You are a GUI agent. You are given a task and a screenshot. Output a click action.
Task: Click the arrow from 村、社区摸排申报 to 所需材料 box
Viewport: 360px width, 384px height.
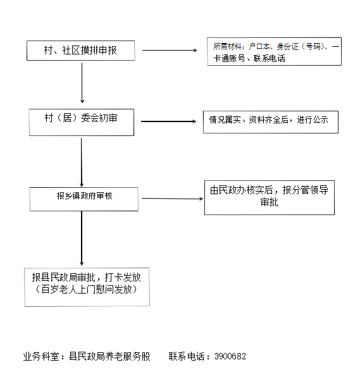[x=170, y=50]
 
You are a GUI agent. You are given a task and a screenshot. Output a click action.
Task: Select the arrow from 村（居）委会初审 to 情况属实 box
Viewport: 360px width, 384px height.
[x=168, y=121]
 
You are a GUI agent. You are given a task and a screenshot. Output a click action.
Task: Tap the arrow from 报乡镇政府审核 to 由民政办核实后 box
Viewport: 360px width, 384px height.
[x=173, y=199]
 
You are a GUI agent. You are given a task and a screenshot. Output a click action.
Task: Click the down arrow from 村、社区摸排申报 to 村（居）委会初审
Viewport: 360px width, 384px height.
[x=82, y=83]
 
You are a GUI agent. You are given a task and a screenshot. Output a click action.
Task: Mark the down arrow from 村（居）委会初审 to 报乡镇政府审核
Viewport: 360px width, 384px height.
[x=82, y=163]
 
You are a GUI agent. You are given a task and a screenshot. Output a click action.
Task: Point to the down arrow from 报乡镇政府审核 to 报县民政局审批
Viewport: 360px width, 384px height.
[x=82, y=238]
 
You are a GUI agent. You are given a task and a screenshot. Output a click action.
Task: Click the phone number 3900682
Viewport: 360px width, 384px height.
[x=230, y=356]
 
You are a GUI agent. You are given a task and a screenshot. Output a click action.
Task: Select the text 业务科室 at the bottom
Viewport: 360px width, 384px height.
[x=41, y=357]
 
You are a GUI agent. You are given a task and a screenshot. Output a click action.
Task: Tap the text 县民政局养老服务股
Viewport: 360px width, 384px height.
[x=109, y=357]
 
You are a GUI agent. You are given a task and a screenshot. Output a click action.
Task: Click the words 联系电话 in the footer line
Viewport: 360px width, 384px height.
[x=187, y=357]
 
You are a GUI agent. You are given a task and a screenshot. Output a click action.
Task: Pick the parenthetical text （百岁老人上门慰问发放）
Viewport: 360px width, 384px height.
[x=87, y=289]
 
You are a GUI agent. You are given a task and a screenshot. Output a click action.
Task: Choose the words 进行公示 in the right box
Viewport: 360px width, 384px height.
[x=313, y=120]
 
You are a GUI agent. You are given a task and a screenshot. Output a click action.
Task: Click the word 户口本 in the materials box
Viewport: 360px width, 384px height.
[x=259, y=46]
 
